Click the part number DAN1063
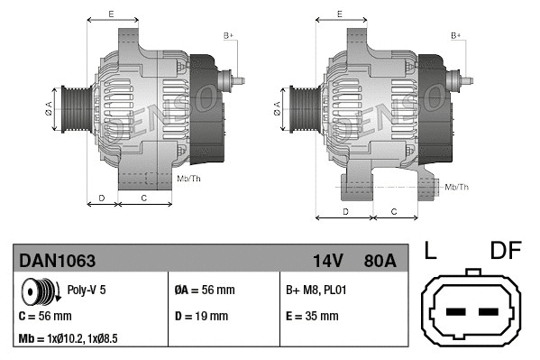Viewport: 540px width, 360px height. (57, 261)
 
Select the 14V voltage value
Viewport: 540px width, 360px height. (328, 261)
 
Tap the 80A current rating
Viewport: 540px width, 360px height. (378, 261)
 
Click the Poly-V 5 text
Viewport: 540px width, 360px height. (87, 291)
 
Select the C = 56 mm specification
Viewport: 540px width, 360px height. (44, 317)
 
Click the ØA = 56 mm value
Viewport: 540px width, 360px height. (204, 291)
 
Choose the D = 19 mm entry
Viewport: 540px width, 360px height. (200, 317)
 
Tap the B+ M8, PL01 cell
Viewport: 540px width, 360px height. (316, 291)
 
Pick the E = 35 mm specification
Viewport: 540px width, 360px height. (312, 317)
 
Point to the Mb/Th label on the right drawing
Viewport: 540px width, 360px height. (457, 187)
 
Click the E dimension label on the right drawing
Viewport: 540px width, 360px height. (339, 14)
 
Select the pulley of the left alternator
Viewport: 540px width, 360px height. (72, 109)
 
